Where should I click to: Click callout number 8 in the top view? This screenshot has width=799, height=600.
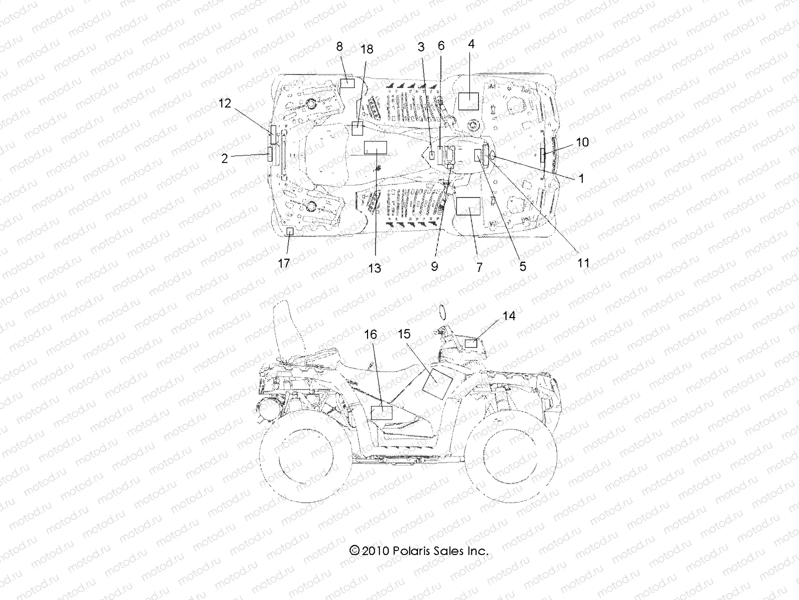point(340,47)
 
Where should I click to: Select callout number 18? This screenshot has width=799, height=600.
point(367,49)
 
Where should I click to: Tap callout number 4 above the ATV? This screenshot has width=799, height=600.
point(471,44)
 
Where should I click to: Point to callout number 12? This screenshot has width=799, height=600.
point(225,103)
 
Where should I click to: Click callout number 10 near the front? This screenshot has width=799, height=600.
point(582,142)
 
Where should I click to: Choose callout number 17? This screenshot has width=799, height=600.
point(284,263)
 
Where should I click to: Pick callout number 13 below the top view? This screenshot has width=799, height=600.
point(375,268)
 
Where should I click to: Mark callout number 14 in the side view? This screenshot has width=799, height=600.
point(509,316)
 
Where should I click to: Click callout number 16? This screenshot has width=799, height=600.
point(371,334)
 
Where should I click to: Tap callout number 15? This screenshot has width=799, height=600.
point(404,333)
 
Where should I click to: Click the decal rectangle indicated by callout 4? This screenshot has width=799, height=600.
point(469,101)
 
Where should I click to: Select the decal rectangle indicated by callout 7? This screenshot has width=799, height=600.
point(468,206)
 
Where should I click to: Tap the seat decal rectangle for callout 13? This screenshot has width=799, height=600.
point(376,147)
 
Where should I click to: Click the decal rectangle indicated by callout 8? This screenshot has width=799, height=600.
point(347,83)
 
